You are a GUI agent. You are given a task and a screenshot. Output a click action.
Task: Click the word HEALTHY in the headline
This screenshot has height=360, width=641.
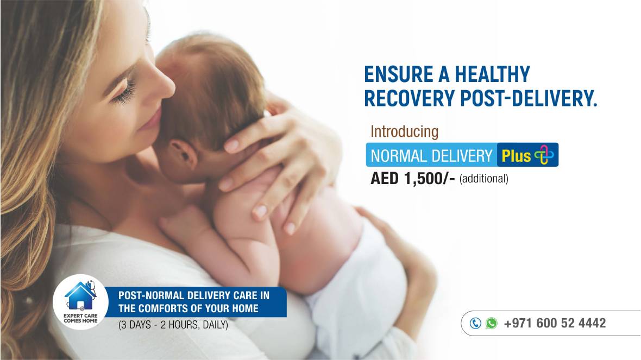pos(492,74)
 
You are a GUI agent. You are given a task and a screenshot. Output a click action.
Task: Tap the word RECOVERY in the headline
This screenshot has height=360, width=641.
pos(409,98)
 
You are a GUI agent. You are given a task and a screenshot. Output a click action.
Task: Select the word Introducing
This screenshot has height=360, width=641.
pos(404,131)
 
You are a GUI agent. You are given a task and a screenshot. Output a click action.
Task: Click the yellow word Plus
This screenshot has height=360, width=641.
pos(516,156)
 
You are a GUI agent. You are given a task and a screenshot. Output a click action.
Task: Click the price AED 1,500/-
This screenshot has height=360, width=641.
pos(412,179)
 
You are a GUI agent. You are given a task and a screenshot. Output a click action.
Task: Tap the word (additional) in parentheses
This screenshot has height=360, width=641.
pos(483,179)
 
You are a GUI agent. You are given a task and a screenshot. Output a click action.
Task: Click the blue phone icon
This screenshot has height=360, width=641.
pos(475,323)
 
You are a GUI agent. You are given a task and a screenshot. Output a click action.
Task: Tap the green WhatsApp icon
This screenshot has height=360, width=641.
pos(492,323)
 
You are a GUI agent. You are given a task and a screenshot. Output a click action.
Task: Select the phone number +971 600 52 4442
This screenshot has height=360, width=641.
pos(555,323)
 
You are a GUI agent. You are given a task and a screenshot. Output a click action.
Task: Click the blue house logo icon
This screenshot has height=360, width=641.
pos(80,295)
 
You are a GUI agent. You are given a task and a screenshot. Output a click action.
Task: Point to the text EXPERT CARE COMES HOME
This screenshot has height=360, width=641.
pos(80,318)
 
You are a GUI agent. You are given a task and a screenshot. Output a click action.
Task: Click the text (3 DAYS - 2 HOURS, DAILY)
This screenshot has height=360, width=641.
pos(173,325)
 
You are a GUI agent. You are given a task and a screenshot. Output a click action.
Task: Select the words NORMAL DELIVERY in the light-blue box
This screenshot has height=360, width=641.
pos(431,156)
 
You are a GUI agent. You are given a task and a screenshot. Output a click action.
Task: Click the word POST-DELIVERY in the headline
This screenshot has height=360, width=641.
pos(529,98)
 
